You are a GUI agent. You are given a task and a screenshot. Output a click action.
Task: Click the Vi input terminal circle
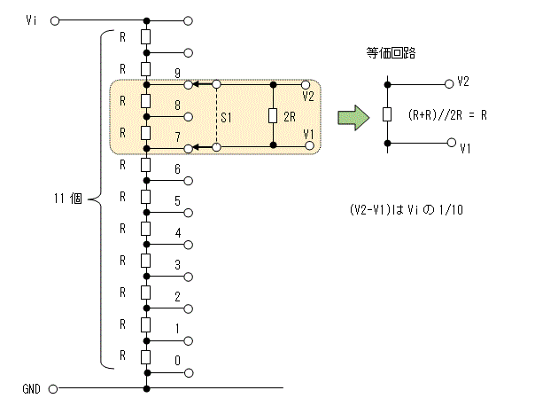(x=55, y=20)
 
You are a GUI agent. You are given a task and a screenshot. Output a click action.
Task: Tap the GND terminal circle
(x=53, y=389)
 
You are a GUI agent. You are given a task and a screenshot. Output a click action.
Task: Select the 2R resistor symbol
(x=273, y=116)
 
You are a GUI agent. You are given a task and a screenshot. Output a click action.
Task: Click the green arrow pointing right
(x=353, y=118)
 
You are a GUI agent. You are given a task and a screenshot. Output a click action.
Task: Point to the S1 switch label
(x=226, y=118)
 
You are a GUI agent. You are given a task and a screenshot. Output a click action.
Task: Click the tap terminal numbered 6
(x=189, y=181)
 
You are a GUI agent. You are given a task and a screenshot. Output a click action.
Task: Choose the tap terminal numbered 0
(x=189, y=373)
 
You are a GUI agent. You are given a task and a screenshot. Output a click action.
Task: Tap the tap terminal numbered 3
(x=189, y=277)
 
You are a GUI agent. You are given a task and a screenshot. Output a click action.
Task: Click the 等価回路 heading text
(x=391, y=53)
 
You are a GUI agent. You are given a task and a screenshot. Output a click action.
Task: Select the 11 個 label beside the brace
(x=68, y=199)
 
